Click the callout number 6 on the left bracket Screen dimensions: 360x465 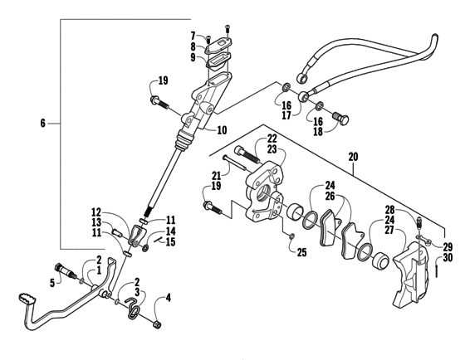(x=44, y=124)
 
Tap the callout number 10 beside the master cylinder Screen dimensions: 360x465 (x=223, y=131)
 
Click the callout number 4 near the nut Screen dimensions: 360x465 (x=169, y=297)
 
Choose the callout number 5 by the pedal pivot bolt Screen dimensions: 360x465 (x=52, y=282)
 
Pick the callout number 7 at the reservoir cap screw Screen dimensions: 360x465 (x=192, y=36)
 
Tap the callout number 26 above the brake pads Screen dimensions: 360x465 (x=330, y=197)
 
